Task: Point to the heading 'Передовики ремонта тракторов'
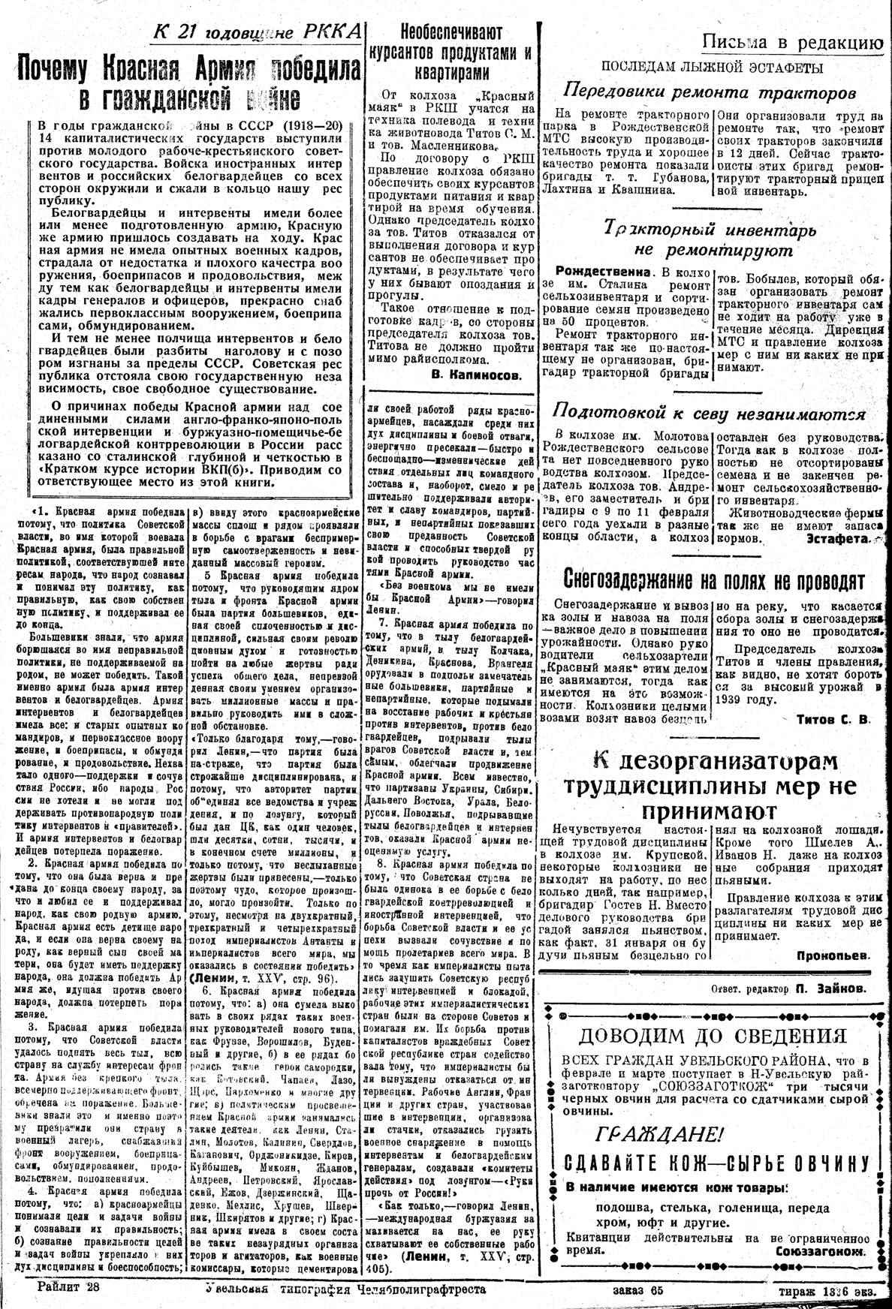[710, 92]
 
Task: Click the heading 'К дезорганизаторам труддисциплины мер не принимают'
[710, 787]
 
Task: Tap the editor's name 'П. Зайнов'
[829, 989]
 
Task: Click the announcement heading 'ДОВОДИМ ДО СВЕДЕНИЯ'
[711, 1037]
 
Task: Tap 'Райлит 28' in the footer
[68, 1287]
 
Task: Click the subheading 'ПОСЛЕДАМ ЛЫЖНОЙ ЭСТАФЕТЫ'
[710, 68]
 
